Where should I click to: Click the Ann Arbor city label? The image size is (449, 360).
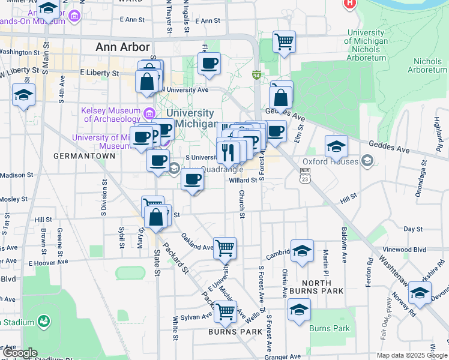(x=122, y=47)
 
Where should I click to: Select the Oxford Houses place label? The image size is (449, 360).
(x=331, y=161)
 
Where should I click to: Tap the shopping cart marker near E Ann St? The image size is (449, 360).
(x=284, y=42)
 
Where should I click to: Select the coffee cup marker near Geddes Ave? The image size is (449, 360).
(x=276, y=130)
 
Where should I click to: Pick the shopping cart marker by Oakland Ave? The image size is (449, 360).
(x=224, y=247)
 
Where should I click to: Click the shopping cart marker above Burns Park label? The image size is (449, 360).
(x=225, y=311)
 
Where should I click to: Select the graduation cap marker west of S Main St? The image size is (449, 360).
(x=24, y=94)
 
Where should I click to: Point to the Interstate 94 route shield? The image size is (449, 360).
(x=256, y=75)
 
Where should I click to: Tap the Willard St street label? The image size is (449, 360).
(x=243, y=179)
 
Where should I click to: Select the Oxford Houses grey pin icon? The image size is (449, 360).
(x=367, y=161)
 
